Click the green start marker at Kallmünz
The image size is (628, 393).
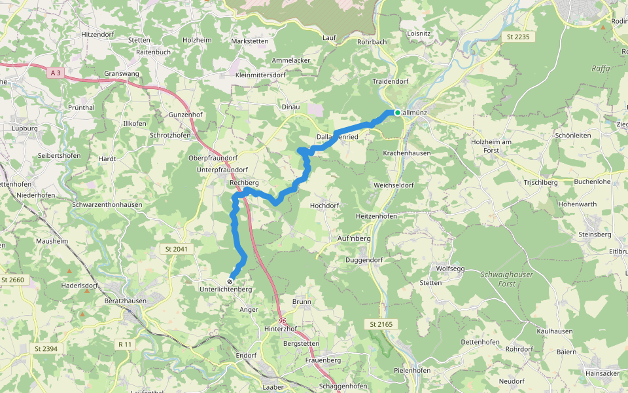click(x=397, y=113)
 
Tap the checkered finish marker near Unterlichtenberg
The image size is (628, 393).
click(x=230, y=281)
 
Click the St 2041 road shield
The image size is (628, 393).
click(x=172, y=250)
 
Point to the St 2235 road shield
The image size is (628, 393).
click(x=517, y=37)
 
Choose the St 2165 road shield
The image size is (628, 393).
click(x=379, y=324)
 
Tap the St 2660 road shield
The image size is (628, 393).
click(x=12, y=280)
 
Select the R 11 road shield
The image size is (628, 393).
click(x=125, y=344)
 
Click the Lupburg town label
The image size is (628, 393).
click(x=25, y=128)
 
